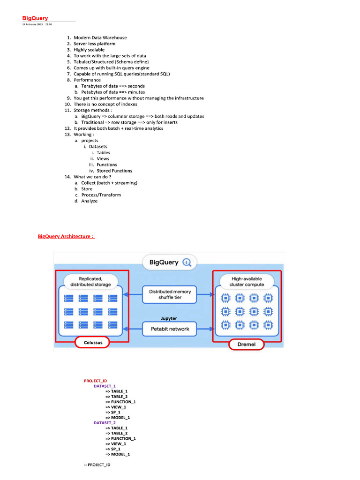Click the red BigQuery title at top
pyautogui.click(x=35, y=18)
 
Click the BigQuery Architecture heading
pyautogui.click(x=66, y=236)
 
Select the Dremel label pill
pyautogui.click(x=247, y=345)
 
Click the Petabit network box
pyautogui.click(x=170, y=329)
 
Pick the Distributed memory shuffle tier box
pyautogui.click(x=170, y=294)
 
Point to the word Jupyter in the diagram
pyautogui.click(x=169, y=318)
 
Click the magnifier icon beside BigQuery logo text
pyautogui.click(x=187, y=262)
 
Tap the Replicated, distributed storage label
pyautogui.click(x=90, y=282)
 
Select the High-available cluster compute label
pyautogui.click(x=247, y=282)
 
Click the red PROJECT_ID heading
pyautogui.click(x=96, y=381)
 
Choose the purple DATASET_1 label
pyautogui.click(x=105, y=386)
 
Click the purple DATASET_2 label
pyautogui.click(x=105, y=423)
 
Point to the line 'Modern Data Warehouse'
pyautogui.click(x=100, y=37)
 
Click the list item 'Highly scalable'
pyautogui.click(x=89, y=50)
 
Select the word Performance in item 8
pyautogui.click(x=87, y=80)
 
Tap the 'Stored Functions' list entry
pyautogui.click(x=114, y=171)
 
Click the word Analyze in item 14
pyautogui.click(x=90, y=201)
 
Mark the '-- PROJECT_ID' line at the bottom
pyautogui.click(x=97, y=465)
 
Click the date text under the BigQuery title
pyautogui.click(x=37, y=24)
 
